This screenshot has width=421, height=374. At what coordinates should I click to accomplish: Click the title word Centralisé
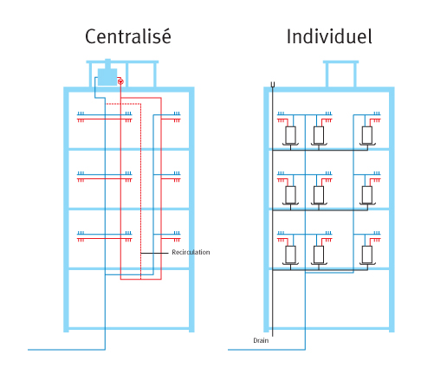click(128, 36)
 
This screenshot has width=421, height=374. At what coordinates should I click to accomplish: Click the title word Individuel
click(329, 36)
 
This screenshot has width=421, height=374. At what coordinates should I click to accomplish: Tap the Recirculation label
click(191, 252)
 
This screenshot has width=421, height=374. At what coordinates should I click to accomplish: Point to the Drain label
click(261, 340)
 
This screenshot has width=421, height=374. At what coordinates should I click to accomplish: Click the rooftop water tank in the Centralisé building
click(107, 75)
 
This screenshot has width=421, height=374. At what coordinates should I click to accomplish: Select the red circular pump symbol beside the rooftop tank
click(120, 81)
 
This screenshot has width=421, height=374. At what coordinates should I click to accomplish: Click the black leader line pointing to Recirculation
click(154, 253)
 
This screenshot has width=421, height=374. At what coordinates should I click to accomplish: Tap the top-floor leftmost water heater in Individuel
click(290, 135)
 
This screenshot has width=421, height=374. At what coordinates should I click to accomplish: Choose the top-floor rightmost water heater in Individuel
click(367, 135)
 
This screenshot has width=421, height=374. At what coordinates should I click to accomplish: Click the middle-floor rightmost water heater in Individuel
click(367, 195)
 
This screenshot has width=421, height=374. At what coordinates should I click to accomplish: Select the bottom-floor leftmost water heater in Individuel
click(290, 255)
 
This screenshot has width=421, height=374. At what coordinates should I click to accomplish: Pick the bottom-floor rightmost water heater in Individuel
click(367, 255)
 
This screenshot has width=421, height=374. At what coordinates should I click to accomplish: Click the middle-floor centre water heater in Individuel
click(319, 195)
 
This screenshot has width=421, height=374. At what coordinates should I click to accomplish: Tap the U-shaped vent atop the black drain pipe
click(273, 84)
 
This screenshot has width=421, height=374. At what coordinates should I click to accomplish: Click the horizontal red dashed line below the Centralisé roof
click(124, 104)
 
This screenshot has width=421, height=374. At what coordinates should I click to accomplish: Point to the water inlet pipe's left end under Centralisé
click(28, 350)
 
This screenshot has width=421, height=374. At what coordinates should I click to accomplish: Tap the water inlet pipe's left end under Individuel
click(229, 350)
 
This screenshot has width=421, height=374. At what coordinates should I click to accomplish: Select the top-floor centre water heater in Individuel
click(319, 135)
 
